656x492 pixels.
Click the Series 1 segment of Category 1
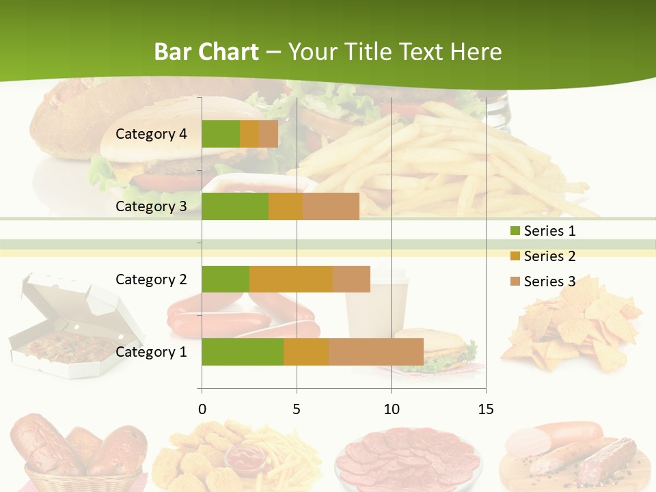click(243, 352)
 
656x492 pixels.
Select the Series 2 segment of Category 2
click(291, 279)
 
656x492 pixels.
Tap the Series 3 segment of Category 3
click(331, 206)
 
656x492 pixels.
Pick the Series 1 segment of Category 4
click(221, 134)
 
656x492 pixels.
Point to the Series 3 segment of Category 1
click(376, 352)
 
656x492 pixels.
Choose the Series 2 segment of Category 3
click(286, 206)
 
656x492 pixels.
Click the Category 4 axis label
click(151, 134)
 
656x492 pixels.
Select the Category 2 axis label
click(151, 279)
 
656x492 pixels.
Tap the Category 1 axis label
click(151, 352)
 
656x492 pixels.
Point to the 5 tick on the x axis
click(297, 409)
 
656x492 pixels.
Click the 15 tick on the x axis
click(485, 409)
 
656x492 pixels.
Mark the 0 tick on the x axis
click(202, 409)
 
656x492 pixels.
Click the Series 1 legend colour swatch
click(515, 231)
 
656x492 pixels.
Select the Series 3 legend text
click(549, 282)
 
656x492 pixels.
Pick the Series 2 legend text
click(549, 256)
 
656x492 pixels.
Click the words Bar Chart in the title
click(206, 52)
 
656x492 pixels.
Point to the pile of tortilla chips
click(574, 328)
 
